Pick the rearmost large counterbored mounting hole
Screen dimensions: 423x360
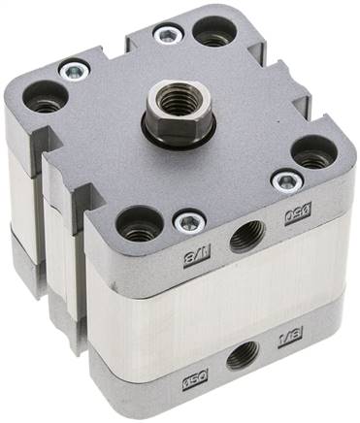click(x=212, y=31)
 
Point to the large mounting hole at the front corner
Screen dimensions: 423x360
click(x=139, y=223)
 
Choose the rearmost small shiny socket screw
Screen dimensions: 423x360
click(x=168, y=35)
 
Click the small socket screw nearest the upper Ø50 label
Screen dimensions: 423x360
click(x=285, y=181)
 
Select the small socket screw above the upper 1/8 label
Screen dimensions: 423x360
click(x=188, y=223)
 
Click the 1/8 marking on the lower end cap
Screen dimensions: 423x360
click(x=290, y=339)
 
